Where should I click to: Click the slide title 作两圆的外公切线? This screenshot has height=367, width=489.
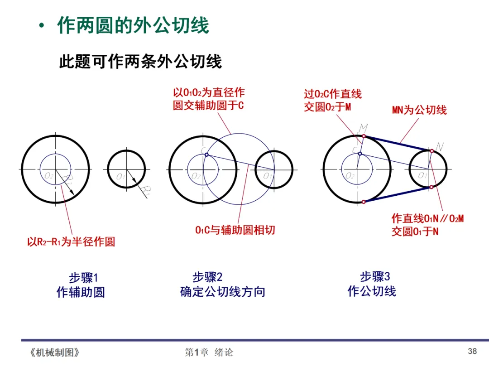(x=133, y=25)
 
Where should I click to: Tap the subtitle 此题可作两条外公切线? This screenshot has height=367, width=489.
(x=140, y=62)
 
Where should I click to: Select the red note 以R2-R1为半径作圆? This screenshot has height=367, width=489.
(x=71, y=242)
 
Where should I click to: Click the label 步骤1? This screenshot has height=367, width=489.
(x=83, y=277)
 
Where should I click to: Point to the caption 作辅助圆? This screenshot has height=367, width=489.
(x=81, y=292)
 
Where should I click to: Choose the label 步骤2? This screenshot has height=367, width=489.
(x=207, y=277)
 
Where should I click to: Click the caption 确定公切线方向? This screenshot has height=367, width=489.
(x=222, y=292)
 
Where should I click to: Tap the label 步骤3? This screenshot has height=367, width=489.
(x=375, y=276)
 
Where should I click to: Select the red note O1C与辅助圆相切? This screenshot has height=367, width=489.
(x=235, y=230)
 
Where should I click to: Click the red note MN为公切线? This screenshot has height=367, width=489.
(x=419, y=110)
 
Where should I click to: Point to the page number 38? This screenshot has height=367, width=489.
(x=472, y=351)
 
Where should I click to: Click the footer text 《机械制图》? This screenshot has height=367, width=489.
(x=54, y=352)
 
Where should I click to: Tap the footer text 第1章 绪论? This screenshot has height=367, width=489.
(x=209, y=352)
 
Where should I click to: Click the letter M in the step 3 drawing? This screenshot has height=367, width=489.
(x=363, y=128)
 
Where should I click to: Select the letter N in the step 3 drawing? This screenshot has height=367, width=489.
(x=439, y=146)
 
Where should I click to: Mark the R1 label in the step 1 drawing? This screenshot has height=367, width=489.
(x=145, y=189)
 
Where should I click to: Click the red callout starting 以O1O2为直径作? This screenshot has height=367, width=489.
(x=209, y=99)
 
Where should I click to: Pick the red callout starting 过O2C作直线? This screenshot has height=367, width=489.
(x=332, y=101)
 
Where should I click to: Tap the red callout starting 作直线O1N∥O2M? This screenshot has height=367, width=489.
(x=427, y=225)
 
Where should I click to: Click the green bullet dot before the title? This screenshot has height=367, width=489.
(x=42, y=26)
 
